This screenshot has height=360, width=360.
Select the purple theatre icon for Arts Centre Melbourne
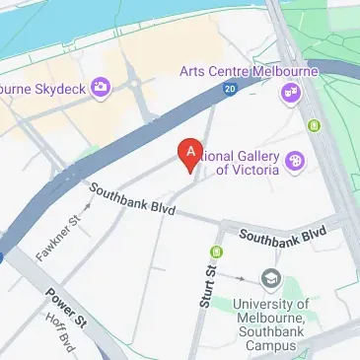tap(291, 93)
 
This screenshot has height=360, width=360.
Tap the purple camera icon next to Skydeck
tap(100, 89)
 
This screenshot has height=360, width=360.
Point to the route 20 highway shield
tap(230, 89)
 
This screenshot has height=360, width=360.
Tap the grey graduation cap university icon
tap(270, 279)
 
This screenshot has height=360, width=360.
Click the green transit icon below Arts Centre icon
tap(314, 125)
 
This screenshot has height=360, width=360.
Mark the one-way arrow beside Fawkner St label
tap(89, 206)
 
